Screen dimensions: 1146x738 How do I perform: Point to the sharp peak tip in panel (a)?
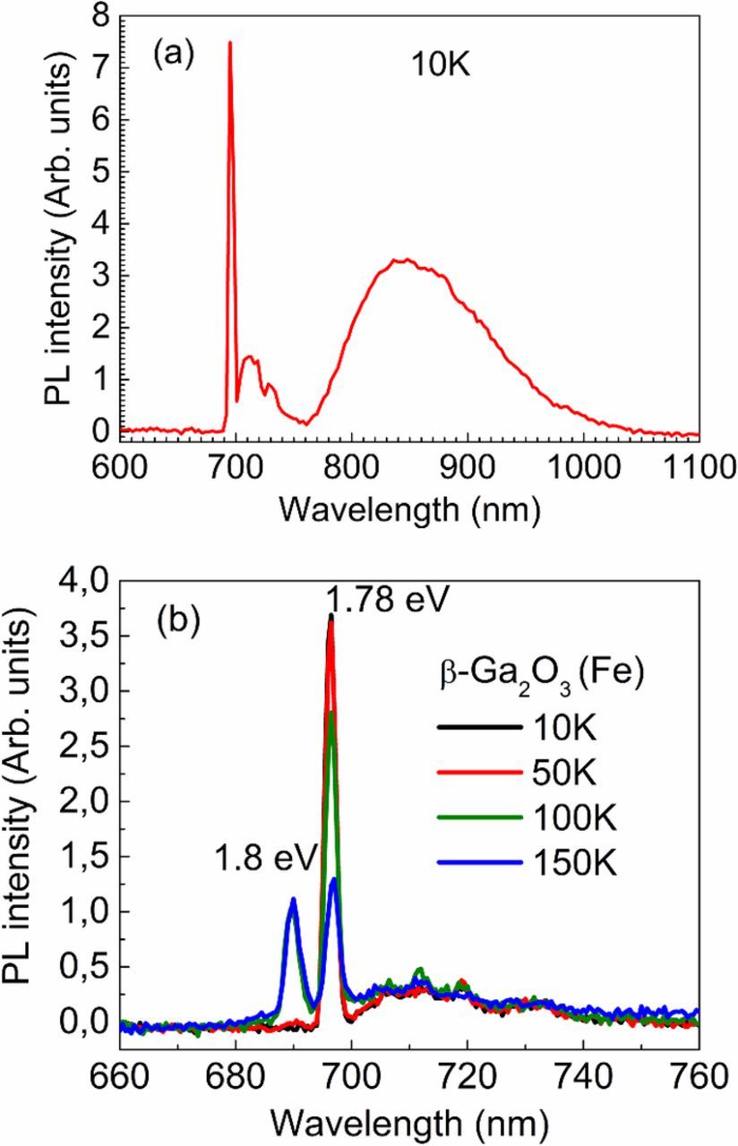pyautogui.click(x=230, y=43)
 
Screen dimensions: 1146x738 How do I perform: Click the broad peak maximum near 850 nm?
pyautogui.click(x=406, y=260)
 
